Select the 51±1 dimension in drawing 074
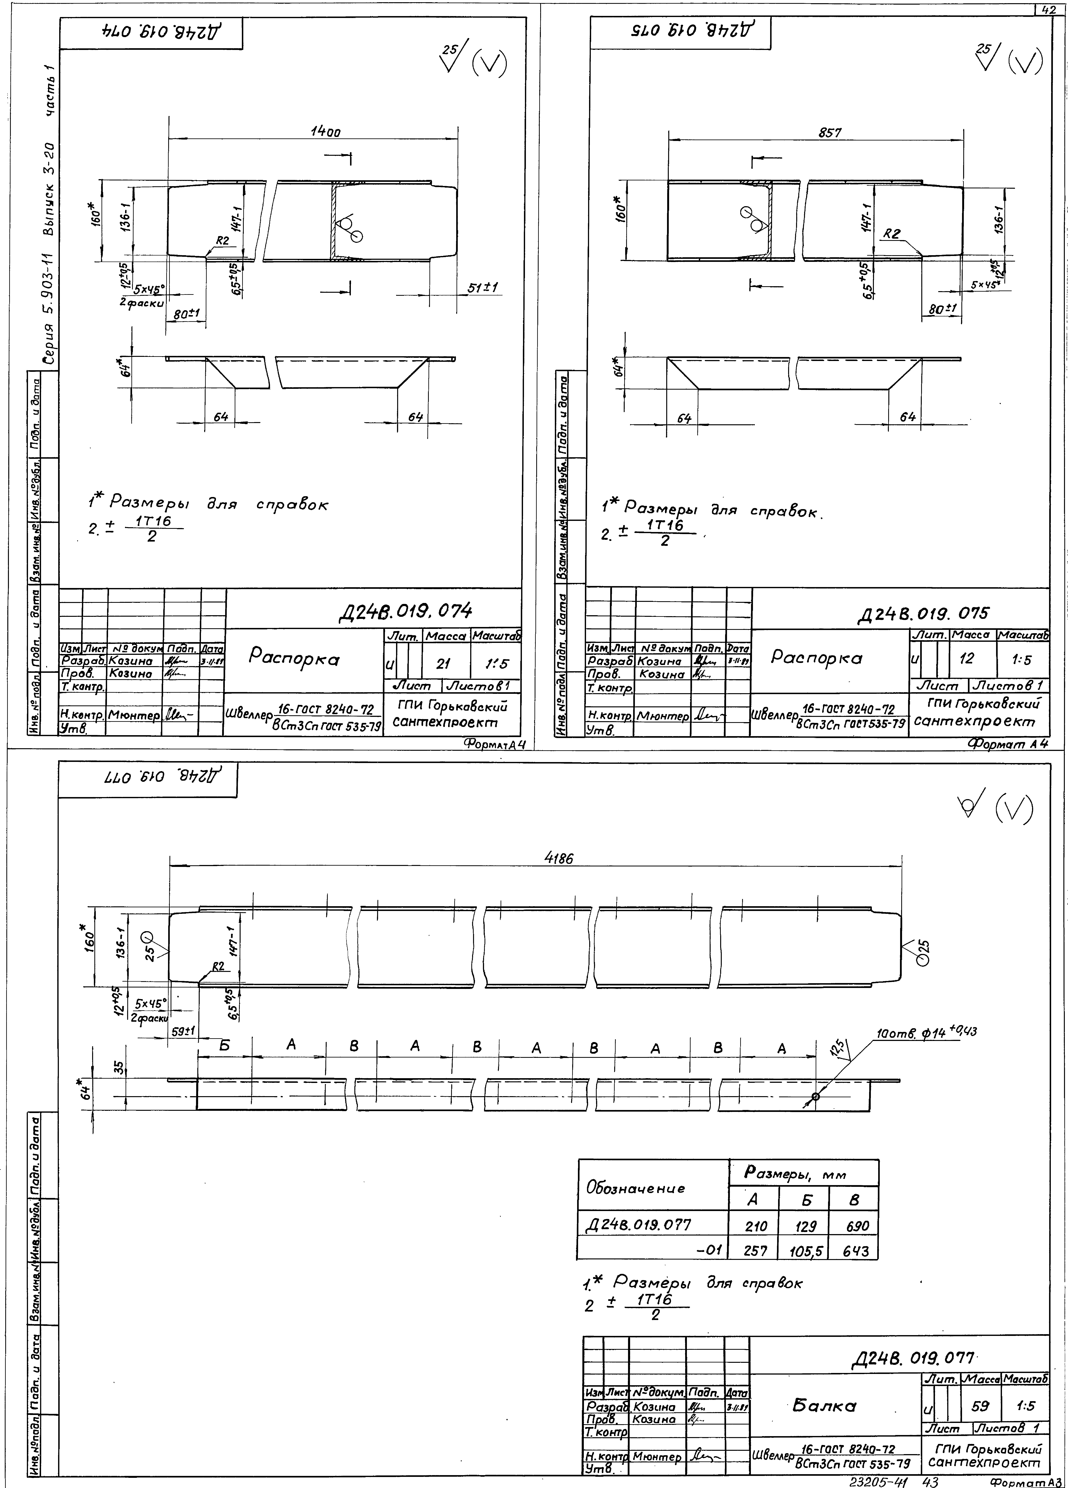(484, 287)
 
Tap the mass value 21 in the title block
(443, 664)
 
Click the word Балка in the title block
(825, 1405)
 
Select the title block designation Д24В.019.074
(405, 611)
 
